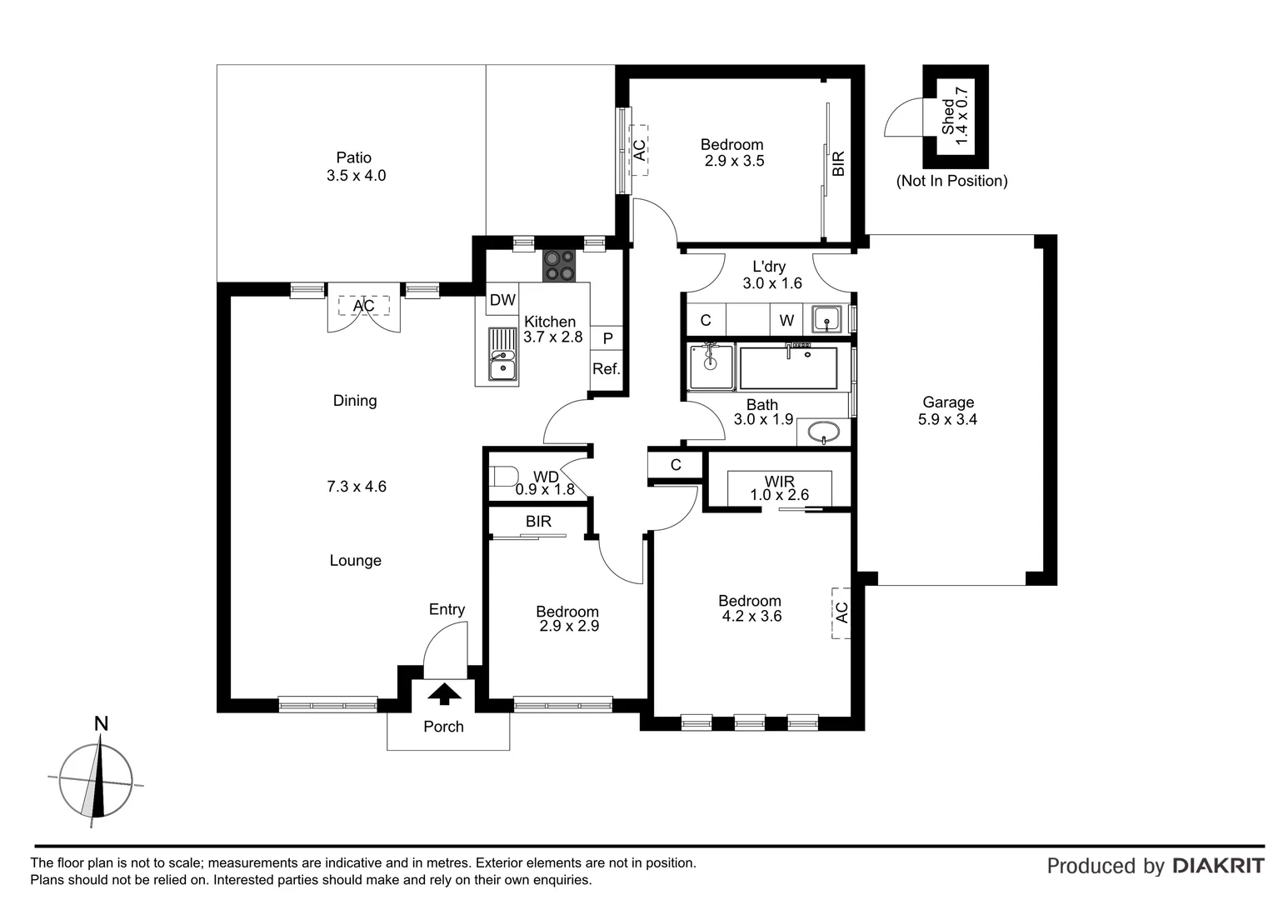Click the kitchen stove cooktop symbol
[x=559, y=266]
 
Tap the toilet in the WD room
[x=504, y=477]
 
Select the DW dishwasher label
[x=502, y=300]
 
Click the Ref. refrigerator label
[x=606, y=369]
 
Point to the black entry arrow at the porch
[x=444, y=693]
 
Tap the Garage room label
[x=947, y=402]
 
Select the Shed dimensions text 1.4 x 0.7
[x=963, y=116]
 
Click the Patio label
[x=354, y=157]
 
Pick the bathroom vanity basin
[x=824, y=433]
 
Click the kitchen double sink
[x=502, y=354]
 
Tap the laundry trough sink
[x=826, y=318]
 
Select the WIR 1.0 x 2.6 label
[x=779, y=488]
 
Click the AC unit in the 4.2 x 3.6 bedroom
[x=841, y=612]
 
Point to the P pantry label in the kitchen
[x=607, y=338]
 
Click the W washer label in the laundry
[x=786, y=320]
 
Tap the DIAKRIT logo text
[x=1218, y=866]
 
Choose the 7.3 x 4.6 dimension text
[x=356, y=487]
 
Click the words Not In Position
[x=951, y=181]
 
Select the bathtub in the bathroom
[x=788, y=367]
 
